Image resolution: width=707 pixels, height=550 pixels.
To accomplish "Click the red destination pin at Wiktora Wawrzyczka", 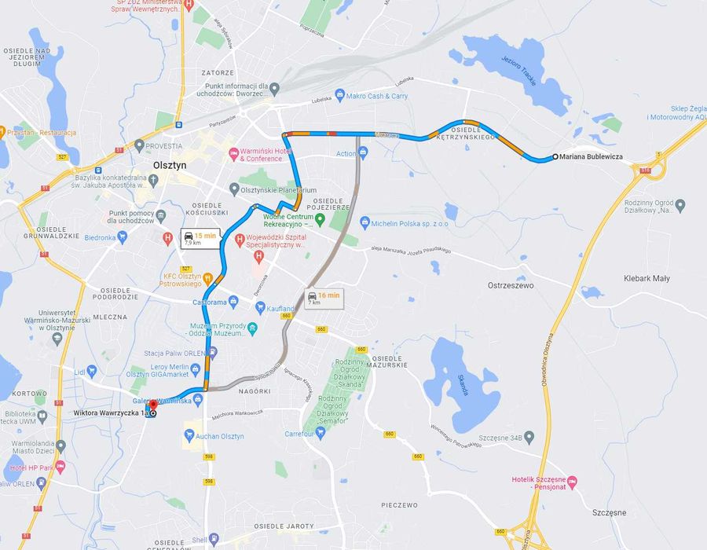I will [x=152, y=405].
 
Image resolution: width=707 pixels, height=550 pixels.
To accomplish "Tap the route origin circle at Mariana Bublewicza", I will [x=555, y=156].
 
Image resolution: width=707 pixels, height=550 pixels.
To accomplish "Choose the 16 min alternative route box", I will [x=324, y=299].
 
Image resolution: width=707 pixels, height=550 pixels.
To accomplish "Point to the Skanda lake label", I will [x=463, y=384].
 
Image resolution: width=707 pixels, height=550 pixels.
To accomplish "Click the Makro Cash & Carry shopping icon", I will [x=339, y=96].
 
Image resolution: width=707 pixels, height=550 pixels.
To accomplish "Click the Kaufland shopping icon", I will [x=260, y=309].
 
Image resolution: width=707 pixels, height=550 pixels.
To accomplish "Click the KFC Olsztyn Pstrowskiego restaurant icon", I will [x=207, y=277].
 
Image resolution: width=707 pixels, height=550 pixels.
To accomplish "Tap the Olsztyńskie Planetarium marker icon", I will [x=234, y=189].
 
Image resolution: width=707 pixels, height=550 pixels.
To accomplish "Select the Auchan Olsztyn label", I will [x=221, y=436].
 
